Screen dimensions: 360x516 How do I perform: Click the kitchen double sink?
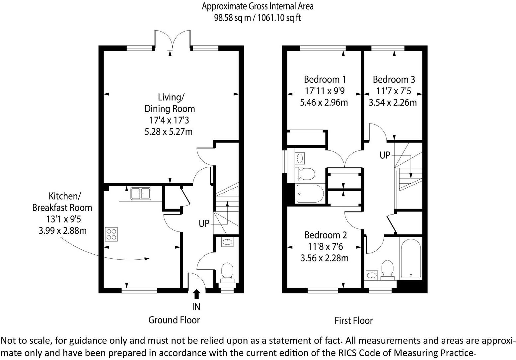tap(141, 194)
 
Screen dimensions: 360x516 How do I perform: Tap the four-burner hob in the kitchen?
tap(111, 234)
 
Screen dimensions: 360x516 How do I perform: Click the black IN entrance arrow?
tap(196, 294)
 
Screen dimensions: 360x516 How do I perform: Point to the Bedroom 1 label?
tap(325, 80)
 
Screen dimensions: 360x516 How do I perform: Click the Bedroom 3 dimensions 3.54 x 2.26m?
tap(393, 102)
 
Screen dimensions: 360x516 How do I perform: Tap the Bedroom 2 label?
tap(326, 235)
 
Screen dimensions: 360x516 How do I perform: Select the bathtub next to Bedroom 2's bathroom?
tap(410, 258)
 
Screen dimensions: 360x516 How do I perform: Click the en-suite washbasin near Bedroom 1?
tap(300, 158)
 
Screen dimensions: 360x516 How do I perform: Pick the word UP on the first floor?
tap(385, 155)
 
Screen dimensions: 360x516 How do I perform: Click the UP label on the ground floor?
tap(204, 224)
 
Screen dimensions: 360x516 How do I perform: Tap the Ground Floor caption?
tap(174, 320)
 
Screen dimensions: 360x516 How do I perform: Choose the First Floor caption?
tap(353, 321)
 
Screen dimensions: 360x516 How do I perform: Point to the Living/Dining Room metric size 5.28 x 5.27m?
tap(168, 132)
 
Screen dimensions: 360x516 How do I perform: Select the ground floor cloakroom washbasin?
tap(227, 242)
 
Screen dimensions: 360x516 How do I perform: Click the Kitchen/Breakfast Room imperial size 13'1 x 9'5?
tap(62, 219)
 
